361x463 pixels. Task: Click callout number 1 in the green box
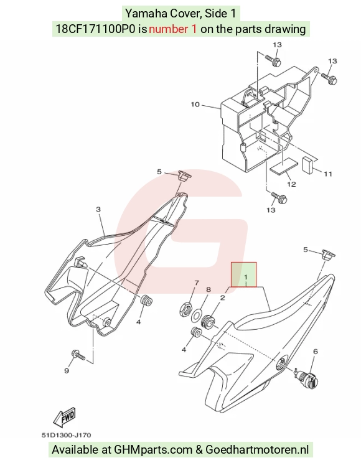point(245,278)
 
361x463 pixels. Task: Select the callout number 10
point(195,105)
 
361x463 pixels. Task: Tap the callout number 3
point(98,209)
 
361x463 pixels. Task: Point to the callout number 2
point(222,297)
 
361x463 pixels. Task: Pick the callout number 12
point(291,184)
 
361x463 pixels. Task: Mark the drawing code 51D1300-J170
point(66,435)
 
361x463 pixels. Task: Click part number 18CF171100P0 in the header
point(95,29)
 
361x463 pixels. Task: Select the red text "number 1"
point(172,29)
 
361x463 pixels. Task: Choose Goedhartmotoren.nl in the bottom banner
point(257,450)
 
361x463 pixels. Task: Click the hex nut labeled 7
point(185,310)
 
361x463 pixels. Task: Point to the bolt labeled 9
point(78,355)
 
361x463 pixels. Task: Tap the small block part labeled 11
point(307,164)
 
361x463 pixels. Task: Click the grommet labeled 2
point(207,320)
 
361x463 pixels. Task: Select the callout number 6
point(316,352)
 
